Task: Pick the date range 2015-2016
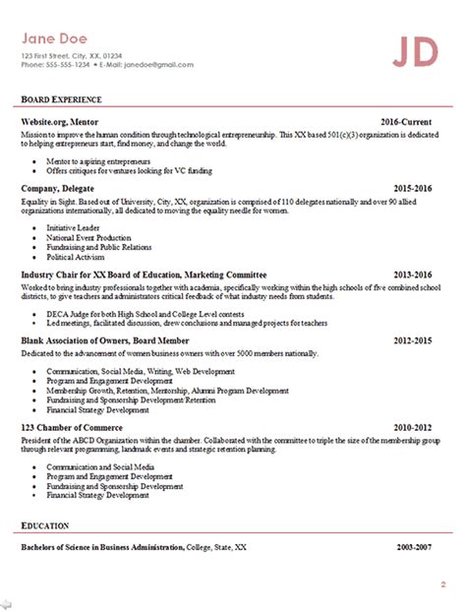click(x=413, y=186)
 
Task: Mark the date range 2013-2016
click(x=413, y=274)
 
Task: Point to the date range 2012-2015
click(x=413, y=340)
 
